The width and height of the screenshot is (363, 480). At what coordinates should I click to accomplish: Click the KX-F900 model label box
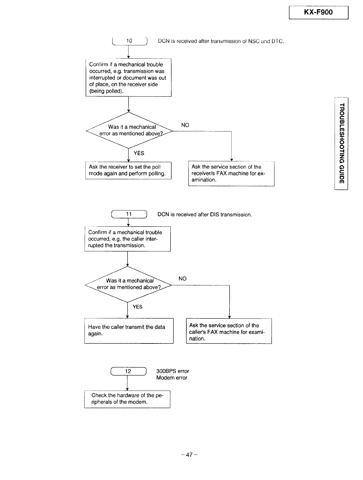click(318, 13)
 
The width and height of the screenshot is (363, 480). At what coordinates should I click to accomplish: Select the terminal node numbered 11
click(129, 214)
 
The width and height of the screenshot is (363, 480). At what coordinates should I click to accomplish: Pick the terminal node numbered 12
click(128, 371)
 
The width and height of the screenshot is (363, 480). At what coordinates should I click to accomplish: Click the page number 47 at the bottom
click(189, 455)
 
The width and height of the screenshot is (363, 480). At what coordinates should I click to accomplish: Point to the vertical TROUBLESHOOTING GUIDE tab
click(341, 143)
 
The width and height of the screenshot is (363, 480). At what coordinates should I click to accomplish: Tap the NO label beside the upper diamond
click(185, 125)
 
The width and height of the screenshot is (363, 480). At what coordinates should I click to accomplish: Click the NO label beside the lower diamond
click(182, 278)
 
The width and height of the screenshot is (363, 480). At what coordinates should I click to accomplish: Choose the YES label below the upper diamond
click(139, 153)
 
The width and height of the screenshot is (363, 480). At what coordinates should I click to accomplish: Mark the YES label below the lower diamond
click(138, 307)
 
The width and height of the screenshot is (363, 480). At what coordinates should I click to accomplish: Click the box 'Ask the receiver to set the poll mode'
click(128, 170)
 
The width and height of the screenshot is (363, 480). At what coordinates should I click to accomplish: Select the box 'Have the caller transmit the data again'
click(129, 331)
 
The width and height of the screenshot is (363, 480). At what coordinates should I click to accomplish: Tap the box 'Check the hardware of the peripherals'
click(127, 399)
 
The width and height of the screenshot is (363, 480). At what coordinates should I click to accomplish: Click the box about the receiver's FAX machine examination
click(231, 174)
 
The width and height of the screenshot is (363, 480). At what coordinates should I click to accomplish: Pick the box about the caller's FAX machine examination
click(229, 331)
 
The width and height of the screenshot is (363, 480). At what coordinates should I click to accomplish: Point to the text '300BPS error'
click(173, 371)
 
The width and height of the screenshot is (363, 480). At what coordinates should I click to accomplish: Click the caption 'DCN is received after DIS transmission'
click(205, 215)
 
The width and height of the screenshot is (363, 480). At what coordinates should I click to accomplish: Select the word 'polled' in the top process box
click(114, 91)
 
